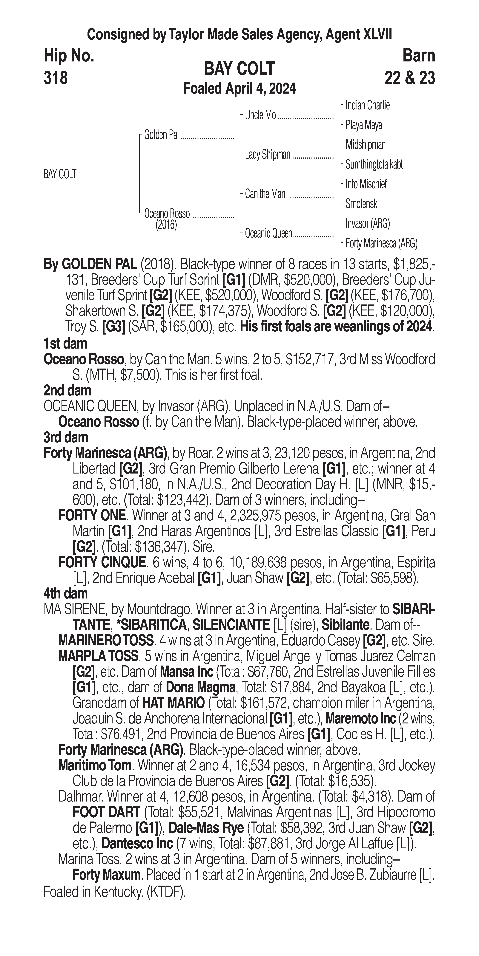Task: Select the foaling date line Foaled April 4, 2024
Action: (239, 89)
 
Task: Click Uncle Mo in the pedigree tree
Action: (260, 115)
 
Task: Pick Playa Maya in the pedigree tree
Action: (363, 125)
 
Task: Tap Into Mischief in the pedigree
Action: (366, 184)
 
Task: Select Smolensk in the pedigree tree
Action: (361, 204)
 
